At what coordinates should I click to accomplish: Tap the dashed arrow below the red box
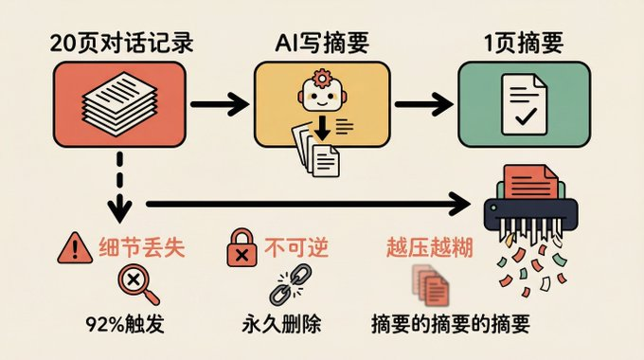pos(119,181)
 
